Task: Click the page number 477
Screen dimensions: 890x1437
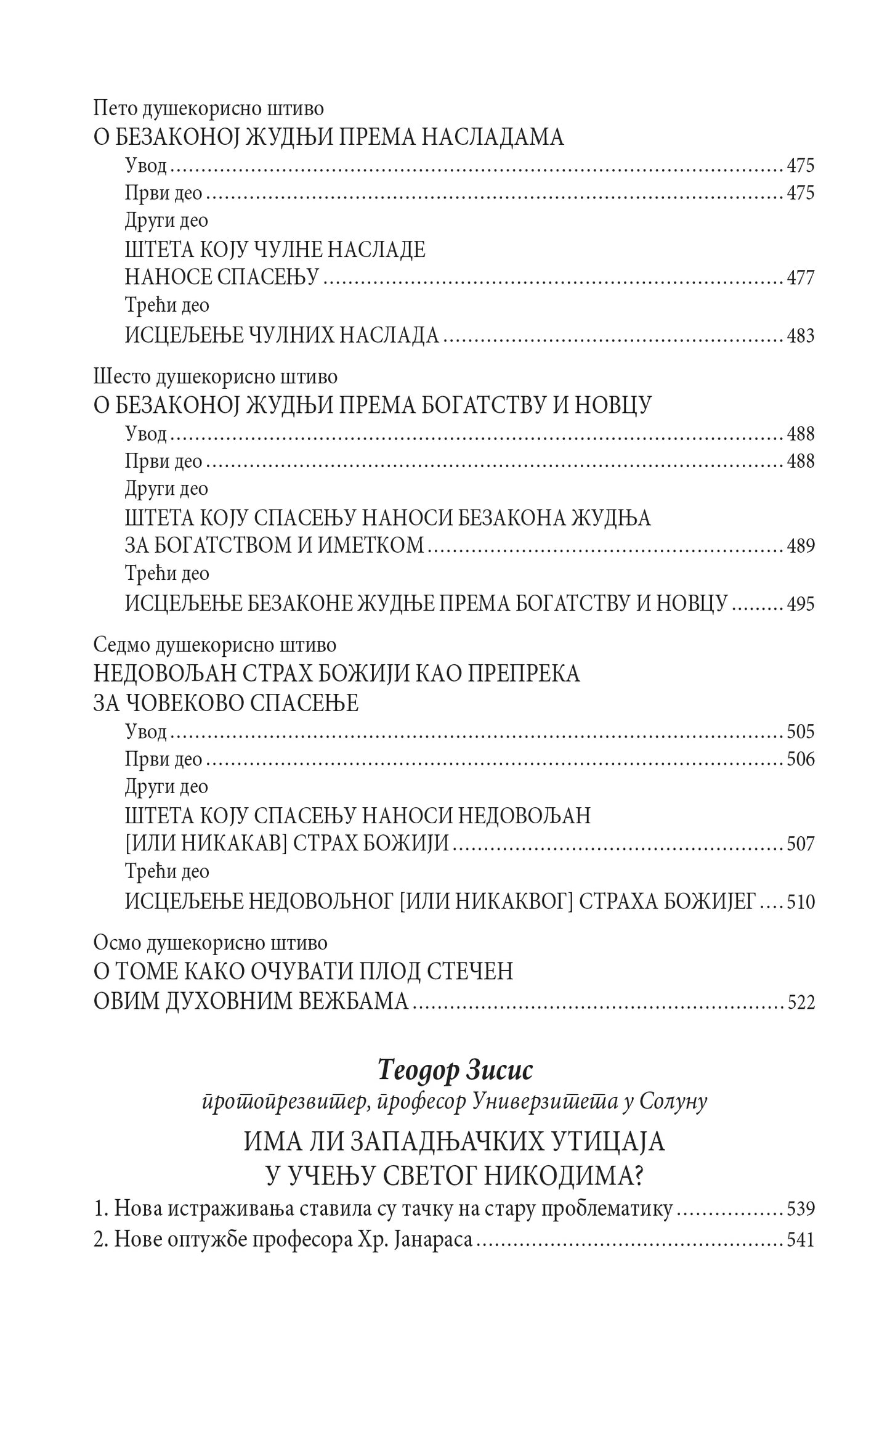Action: click(x=801, y=278)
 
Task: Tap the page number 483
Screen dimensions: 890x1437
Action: click(x=801, y=335)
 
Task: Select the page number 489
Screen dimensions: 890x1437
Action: click(x=801, y=546)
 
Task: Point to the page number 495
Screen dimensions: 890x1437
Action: click(x=801, y=603)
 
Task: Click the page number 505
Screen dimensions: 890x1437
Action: click(x=801, y=731)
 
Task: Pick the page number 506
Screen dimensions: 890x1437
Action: click(x=801, y=759)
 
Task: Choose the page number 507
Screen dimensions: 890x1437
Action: click(x=801, y=843)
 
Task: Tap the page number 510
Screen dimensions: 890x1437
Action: click(x=801, y=902)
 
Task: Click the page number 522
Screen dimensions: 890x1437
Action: click(x=801, y=1003)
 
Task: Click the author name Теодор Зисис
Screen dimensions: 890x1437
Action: click(x=455, y=1071)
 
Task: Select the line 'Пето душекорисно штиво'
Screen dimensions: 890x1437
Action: click(x=209, y=108)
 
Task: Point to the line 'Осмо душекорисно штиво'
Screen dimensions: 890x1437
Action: click(x=211, y=943)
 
